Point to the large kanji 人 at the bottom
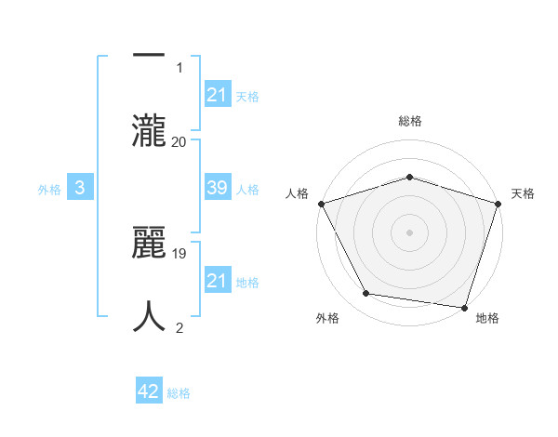(149, 316)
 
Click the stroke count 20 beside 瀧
(179, 141)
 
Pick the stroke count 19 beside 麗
(179, 253)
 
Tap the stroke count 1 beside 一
(179, 67)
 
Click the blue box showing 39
(217, 188)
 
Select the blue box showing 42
(149, 391)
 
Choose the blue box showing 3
(80, 188)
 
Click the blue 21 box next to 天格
(217, 95)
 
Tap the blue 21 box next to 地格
(217, 281)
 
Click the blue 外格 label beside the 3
(49, 189)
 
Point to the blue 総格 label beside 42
(179, 392)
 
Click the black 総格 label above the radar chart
(410, 121)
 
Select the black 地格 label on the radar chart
(487, 318)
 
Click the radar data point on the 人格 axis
(322, 204)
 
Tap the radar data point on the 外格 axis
(366, 294)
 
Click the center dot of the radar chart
(409, 232)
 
